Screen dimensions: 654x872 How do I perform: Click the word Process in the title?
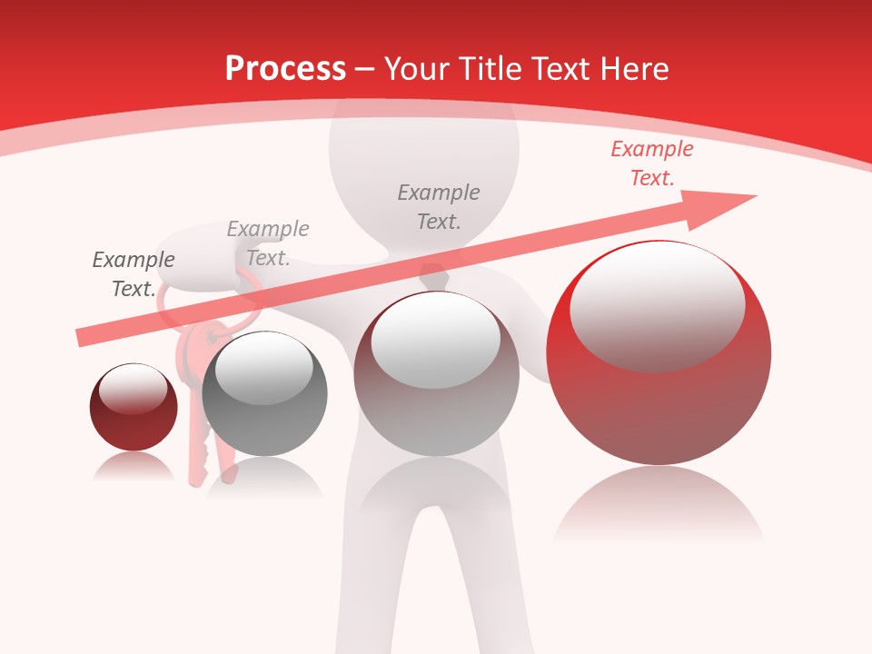click(285, 69)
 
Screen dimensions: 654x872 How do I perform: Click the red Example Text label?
click(651, 163)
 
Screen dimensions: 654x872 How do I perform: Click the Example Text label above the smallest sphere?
click(133, 273)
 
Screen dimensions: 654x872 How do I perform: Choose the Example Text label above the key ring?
click(268, 243)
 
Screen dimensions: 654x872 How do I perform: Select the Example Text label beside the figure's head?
click(439, 206)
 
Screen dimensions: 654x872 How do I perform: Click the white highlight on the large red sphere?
click(657, 304)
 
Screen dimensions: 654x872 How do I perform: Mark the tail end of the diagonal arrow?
click(84, 338)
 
